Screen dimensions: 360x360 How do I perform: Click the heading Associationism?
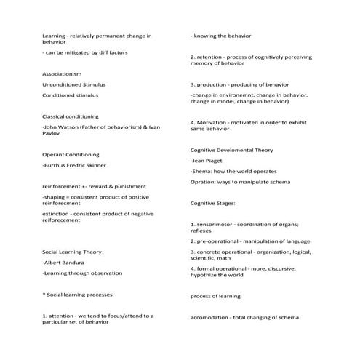click(62, 74)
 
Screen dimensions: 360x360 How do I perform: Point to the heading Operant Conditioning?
click(68, 154)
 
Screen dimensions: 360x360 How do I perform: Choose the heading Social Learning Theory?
click(72, 252)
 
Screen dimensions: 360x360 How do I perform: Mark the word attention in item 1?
click(63, 316)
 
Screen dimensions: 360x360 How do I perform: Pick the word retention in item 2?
click(210, 56)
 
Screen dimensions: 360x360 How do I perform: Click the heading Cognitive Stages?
click(212, 203)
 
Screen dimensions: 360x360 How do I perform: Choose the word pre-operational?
click(219, 241)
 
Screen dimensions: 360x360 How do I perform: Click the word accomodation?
click(211, 317)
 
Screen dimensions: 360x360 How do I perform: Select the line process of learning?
click(215, 296)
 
